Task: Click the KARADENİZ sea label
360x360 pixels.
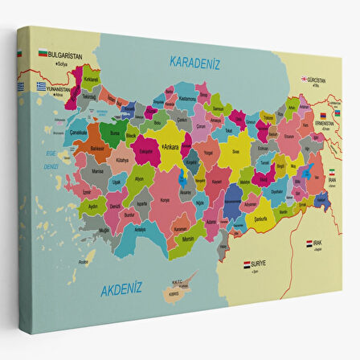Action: click(x=194, y=62)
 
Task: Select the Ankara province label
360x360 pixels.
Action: click(x=170, y=148)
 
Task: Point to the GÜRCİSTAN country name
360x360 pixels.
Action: click(x=317, y=80)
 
